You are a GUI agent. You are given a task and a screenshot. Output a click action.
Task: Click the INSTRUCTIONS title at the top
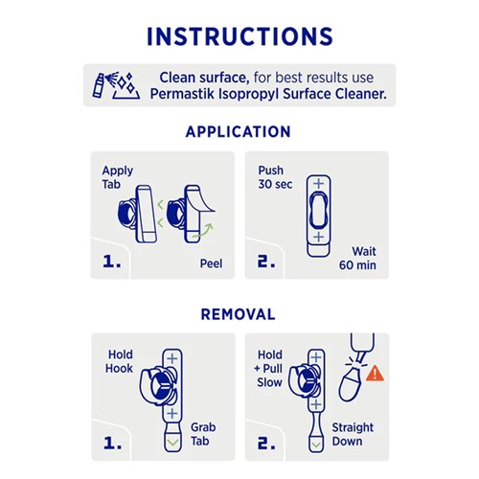pyautogui.click(x=239, y=36)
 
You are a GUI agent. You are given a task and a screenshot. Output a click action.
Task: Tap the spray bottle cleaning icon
pyautogui.click(x=116, y=85)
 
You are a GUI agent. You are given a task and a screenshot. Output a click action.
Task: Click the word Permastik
pyautogui.click(x=182, y=94)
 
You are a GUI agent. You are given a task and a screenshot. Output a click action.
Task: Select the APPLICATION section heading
pyautogui.click(x=239, y=131)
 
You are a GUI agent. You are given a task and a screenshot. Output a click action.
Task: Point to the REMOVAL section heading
pyautogui.click(x=238, y=314)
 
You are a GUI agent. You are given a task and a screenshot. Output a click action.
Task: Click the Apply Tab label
pyautogui.click(x=117, y=177)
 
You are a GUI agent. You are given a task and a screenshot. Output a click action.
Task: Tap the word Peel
pyautogui.click(x=211, y=263)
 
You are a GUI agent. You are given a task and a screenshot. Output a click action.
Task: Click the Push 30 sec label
pyautogui.click(x=275, y=177)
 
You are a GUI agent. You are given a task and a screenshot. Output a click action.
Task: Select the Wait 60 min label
pyautogui.click(x=357, y=258)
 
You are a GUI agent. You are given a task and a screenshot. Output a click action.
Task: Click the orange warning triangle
pyautogui.click(x=375, y=374)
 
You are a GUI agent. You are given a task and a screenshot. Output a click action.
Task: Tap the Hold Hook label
pyautogui.click(x=119, y=361)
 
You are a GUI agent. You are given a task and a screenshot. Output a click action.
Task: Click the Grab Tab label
pyautogui.click(x=203, y=434)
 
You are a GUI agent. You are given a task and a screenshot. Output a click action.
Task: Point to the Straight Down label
pyautogui.click(x=353, y=434)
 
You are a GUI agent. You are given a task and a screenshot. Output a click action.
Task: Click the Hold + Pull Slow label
pyautogui.click(x=269, y=369)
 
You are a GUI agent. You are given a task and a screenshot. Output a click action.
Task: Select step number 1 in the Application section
pyautogui.click(x=112, y=262)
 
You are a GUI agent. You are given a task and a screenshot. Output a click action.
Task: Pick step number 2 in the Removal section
pyautogui.click(x=266, y=443)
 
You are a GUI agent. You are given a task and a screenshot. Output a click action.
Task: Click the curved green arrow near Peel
pyautogui.click(x=204, y=231)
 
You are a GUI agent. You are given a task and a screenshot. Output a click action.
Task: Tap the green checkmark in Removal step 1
pyautogui.click(x=172, y=443)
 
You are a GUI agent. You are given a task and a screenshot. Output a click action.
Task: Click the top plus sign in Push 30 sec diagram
pyautogui.click(x=318, y=184)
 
